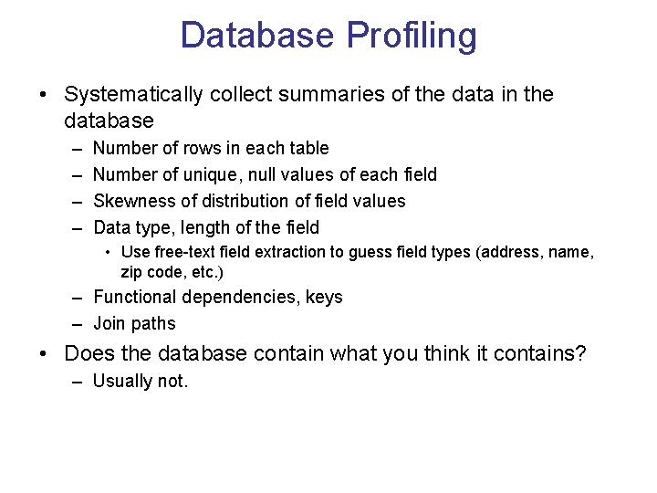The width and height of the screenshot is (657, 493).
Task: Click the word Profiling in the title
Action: [x=412, y=37]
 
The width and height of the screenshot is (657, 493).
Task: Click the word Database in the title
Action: [x=257, y=37]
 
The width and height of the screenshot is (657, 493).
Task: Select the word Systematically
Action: [x=131, y=95]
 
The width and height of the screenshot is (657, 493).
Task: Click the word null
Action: [x=290, y=174]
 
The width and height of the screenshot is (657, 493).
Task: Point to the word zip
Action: [x=131, y=271]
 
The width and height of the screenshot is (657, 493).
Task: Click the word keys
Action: [x=325, y=298]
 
